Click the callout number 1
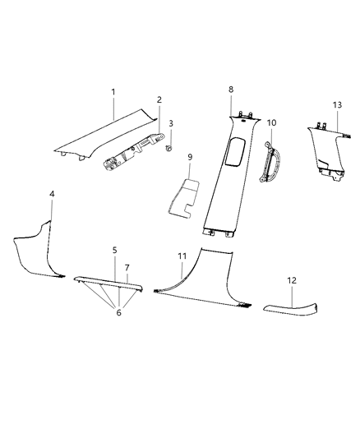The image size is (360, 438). coord(113,93)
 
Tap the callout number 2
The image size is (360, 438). coord(159,100)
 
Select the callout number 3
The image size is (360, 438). coord(171,122)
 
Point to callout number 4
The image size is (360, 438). coord(52,194)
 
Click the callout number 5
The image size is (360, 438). coord(115,248)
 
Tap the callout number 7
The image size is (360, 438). coord(127,268)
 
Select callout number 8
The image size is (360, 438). coord(232,89)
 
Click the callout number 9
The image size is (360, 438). coord(189,156)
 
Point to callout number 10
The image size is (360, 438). coord(271,122)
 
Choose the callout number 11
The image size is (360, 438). coord(182,256)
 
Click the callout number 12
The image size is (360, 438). coord(291,280)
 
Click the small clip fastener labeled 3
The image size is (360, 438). coord(168,148)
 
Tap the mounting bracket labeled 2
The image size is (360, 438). coord(130,153)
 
